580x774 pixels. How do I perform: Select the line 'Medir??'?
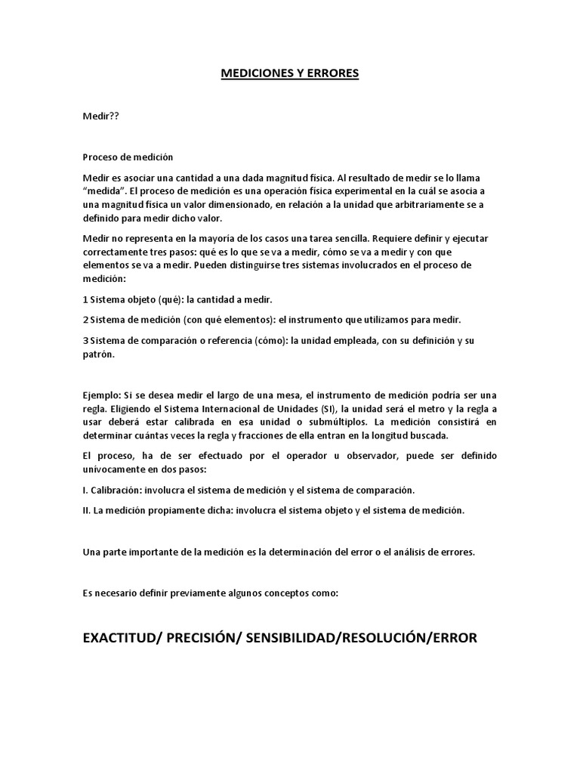pos(100,117)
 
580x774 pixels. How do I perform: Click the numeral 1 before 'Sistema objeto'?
pos(85,299)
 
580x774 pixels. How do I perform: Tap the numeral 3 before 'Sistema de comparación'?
pos(85,340)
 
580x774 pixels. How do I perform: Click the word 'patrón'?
pos(97,354)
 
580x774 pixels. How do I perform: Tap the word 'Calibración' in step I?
pos(115,490)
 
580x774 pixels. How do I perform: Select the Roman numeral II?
pos(86,510)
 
